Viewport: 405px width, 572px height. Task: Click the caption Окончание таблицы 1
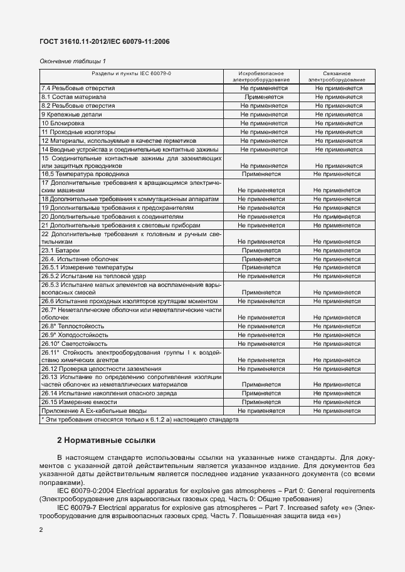point(73,61)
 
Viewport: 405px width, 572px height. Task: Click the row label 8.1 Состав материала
point(73,97)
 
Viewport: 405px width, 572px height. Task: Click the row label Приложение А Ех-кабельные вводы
point(92,411)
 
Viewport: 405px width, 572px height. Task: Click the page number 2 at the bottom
point(41,530)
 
